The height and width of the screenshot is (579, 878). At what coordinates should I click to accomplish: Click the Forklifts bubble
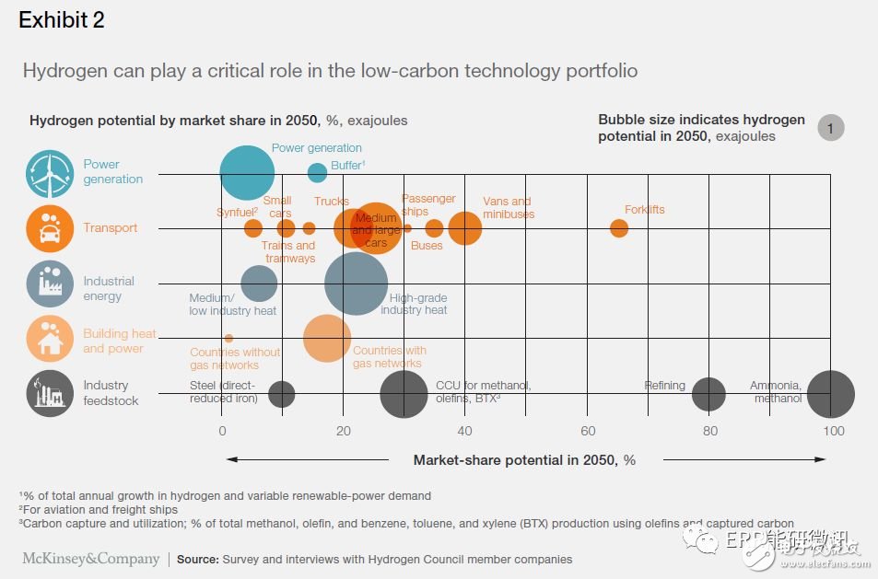coord(619,228)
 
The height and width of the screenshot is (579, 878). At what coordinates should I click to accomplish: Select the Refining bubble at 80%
coord(708,394)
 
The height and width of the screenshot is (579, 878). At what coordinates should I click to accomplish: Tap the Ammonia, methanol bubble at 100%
coord(831,394)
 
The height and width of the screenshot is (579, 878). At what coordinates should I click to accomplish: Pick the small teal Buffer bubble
coord(317,173)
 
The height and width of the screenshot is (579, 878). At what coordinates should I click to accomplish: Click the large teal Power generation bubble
coord(247,173)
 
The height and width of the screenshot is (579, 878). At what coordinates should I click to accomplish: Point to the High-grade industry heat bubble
coord(357,284)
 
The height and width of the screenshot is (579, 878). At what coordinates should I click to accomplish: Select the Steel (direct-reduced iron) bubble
coord(282,394)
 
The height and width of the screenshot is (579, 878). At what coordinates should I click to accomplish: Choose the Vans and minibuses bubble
coord(465,228)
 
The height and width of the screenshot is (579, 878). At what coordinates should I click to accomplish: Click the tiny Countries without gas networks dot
coord(228,339)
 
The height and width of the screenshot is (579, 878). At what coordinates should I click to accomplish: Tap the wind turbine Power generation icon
coord(50,173)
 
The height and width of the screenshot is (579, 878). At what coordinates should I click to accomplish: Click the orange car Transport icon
coord(50,228)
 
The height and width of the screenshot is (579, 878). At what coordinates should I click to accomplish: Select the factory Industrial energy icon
coord(50,284)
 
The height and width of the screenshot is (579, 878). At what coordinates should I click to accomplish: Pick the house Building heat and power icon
coord(50,339)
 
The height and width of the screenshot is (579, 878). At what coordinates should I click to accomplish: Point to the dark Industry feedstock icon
coord(50,394)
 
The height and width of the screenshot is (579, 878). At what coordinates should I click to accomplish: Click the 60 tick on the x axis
coord(587,432)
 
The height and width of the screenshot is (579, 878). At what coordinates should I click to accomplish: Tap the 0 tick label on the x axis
coord(222,432)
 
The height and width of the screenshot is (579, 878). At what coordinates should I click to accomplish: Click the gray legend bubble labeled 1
coord(830,129)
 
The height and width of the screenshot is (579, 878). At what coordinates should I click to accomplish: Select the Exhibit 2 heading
coord(62,20)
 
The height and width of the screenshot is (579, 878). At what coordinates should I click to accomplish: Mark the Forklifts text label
coord(644,210)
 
